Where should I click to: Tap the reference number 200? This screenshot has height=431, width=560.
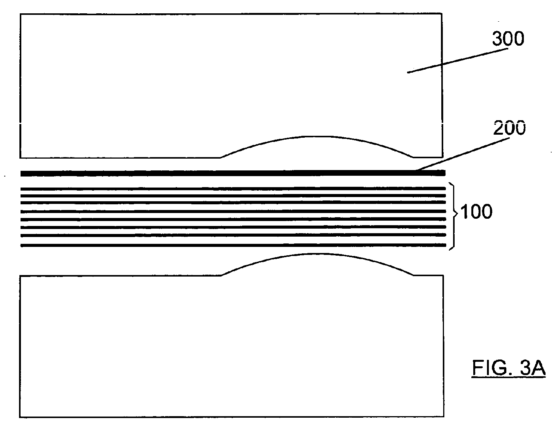pos(509,128)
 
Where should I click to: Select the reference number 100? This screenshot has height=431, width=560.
pos(476,212)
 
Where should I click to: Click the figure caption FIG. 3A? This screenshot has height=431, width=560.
pos(509,368)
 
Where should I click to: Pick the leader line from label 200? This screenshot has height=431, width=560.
pos(462,154)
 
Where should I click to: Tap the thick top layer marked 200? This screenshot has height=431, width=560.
pos(228,173)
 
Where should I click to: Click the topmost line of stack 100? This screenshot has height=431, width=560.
pos(228,188)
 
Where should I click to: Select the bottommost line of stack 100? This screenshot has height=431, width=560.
pos(228,245)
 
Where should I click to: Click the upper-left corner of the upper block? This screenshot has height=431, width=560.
pos(21,14)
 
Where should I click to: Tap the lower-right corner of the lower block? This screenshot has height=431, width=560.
pos(444,417)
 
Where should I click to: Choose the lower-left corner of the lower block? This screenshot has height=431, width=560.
pos(20,417)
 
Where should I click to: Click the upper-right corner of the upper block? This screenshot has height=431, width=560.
pos(441,14)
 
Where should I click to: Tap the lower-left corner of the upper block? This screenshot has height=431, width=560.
pos(21,157)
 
